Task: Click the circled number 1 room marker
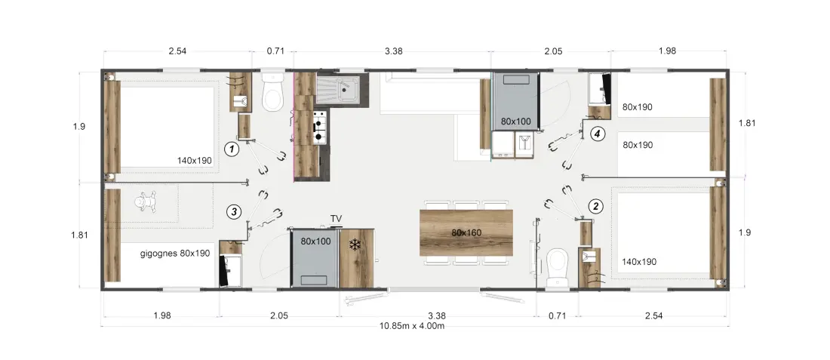232,150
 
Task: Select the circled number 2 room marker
596,206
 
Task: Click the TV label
336,219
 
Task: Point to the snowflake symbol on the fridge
355,245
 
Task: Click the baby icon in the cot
141,203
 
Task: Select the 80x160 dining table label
466,232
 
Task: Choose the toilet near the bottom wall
558,268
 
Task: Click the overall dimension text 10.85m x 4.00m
412,325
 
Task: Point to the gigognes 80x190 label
175,253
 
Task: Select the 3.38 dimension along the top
393,51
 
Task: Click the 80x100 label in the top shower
515,122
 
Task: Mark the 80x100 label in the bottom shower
315,241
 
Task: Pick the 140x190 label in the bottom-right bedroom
639,262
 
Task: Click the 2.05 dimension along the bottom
278,316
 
